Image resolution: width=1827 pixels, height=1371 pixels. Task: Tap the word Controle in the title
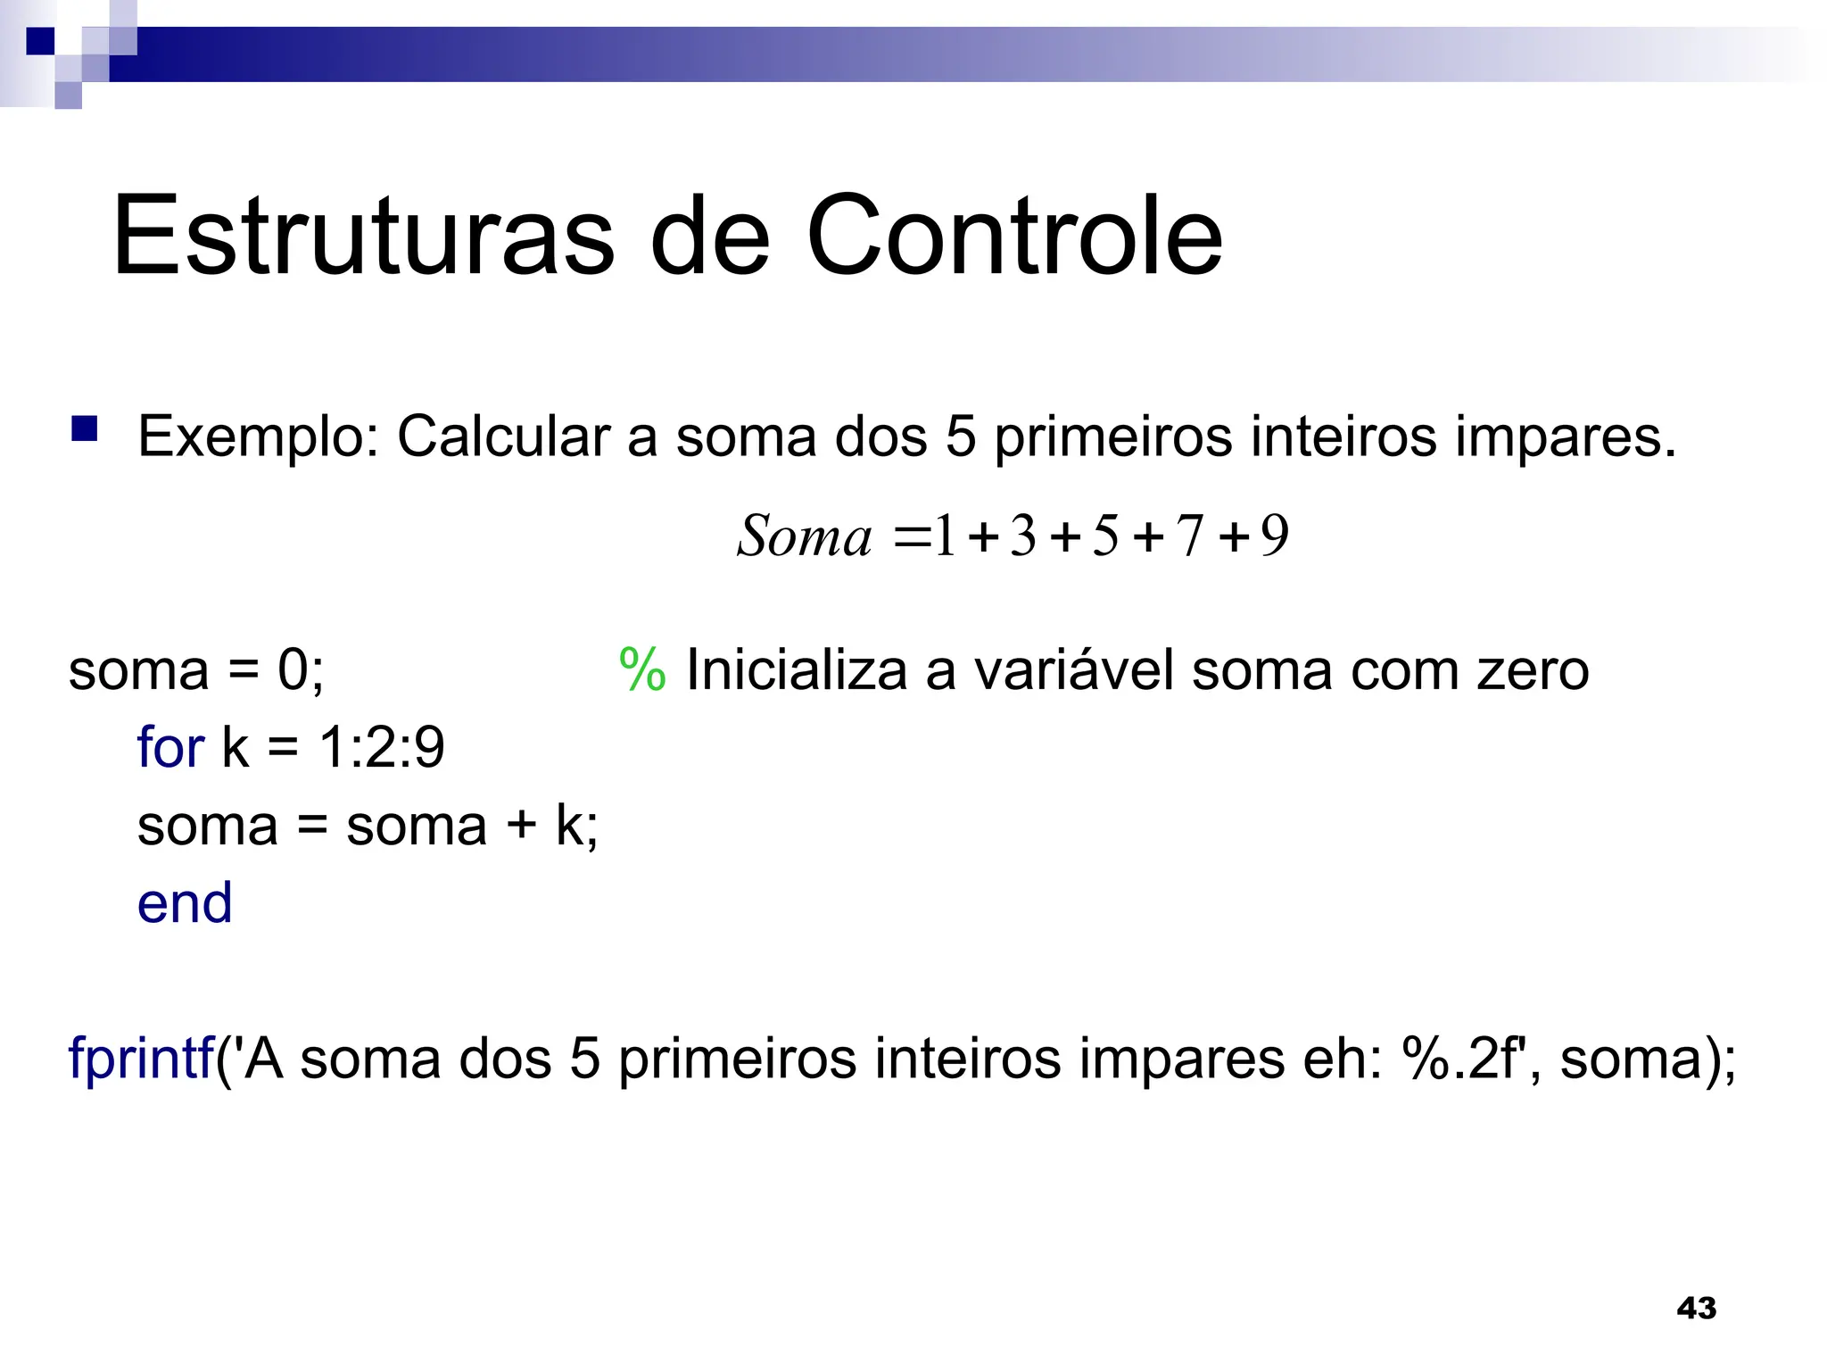[1014, 237]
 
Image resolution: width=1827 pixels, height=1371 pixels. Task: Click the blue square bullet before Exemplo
[85, 429]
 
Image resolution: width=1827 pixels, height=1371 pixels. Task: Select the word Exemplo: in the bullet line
[259, 437]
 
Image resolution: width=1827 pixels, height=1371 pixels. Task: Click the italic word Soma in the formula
[804, 536]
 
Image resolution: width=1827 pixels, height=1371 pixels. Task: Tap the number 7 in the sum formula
[1189, 536]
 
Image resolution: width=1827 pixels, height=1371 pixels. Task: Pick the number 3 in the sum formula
[1023, 536]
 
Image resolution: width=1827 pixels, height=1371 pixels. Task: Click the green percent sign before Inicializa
[642, 669]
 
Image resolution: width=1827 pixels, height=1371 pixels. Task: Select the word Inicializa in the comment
[796, 669]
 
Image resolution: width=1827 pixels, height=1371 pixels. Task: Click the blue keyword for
[170, 747]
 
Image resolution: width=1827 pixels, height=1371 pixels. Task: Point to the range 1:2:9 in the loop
[382, 747]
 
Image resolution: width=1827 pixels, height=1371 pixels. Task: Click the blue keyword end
[185, 902]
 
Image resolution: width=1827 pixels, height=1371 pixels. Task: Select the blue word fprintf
[141, 1059]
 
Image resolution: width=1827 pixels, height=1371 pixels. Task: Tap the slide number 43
[1696, 1308]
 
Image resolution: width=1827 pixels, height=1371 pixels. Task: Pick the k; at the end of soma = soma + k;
[576, 826]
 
